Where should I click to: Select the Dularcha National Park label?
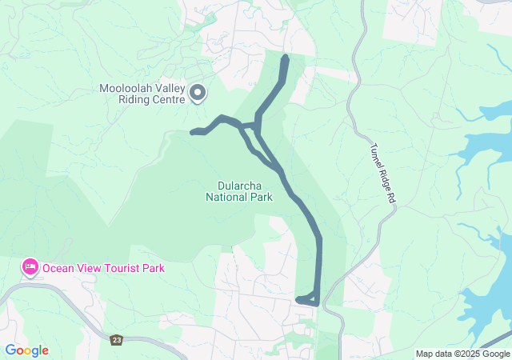click(x=239, y=190)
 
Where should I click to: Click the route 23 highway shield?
click(x=117, y=339)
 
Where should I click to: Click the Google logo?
click(x=26, y=350)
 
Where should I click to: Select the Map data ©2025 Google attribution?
click(x=462, y=354)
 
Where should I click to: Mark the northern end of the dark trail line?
click(x=286, y=57)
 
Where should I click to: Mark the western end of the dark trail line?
click(x=193, y=132)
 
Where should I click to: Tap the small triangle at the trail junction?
click(x=250, y=126)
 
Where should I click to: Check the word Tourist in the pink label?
click(x=117, y=268)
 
